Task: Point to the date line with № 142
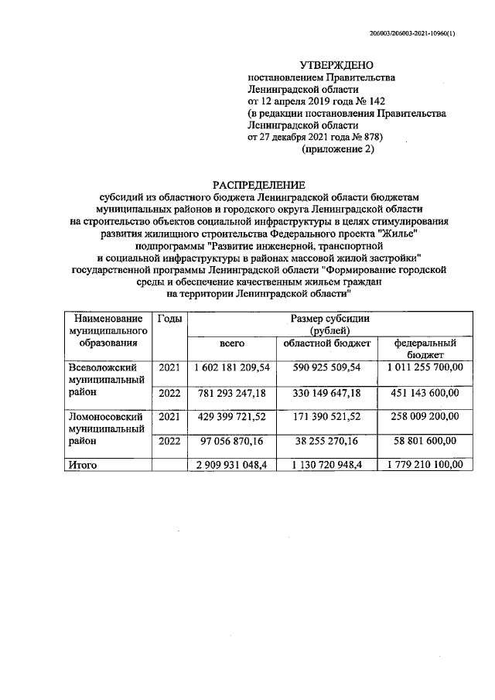pos(316,101)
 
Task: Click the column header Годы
pos(170,319)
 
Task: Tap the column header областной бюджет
pos(326,343)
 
